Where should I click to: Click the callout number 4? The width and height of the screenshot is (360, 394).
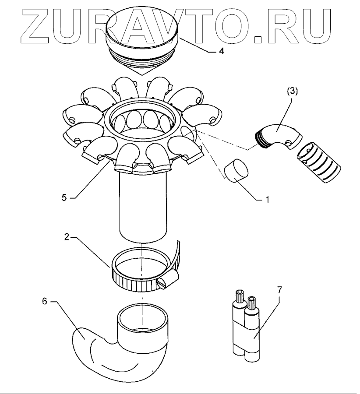tap(222, 51)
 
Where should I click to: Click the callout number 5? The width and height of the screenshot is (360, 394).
tap(64, 197)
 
